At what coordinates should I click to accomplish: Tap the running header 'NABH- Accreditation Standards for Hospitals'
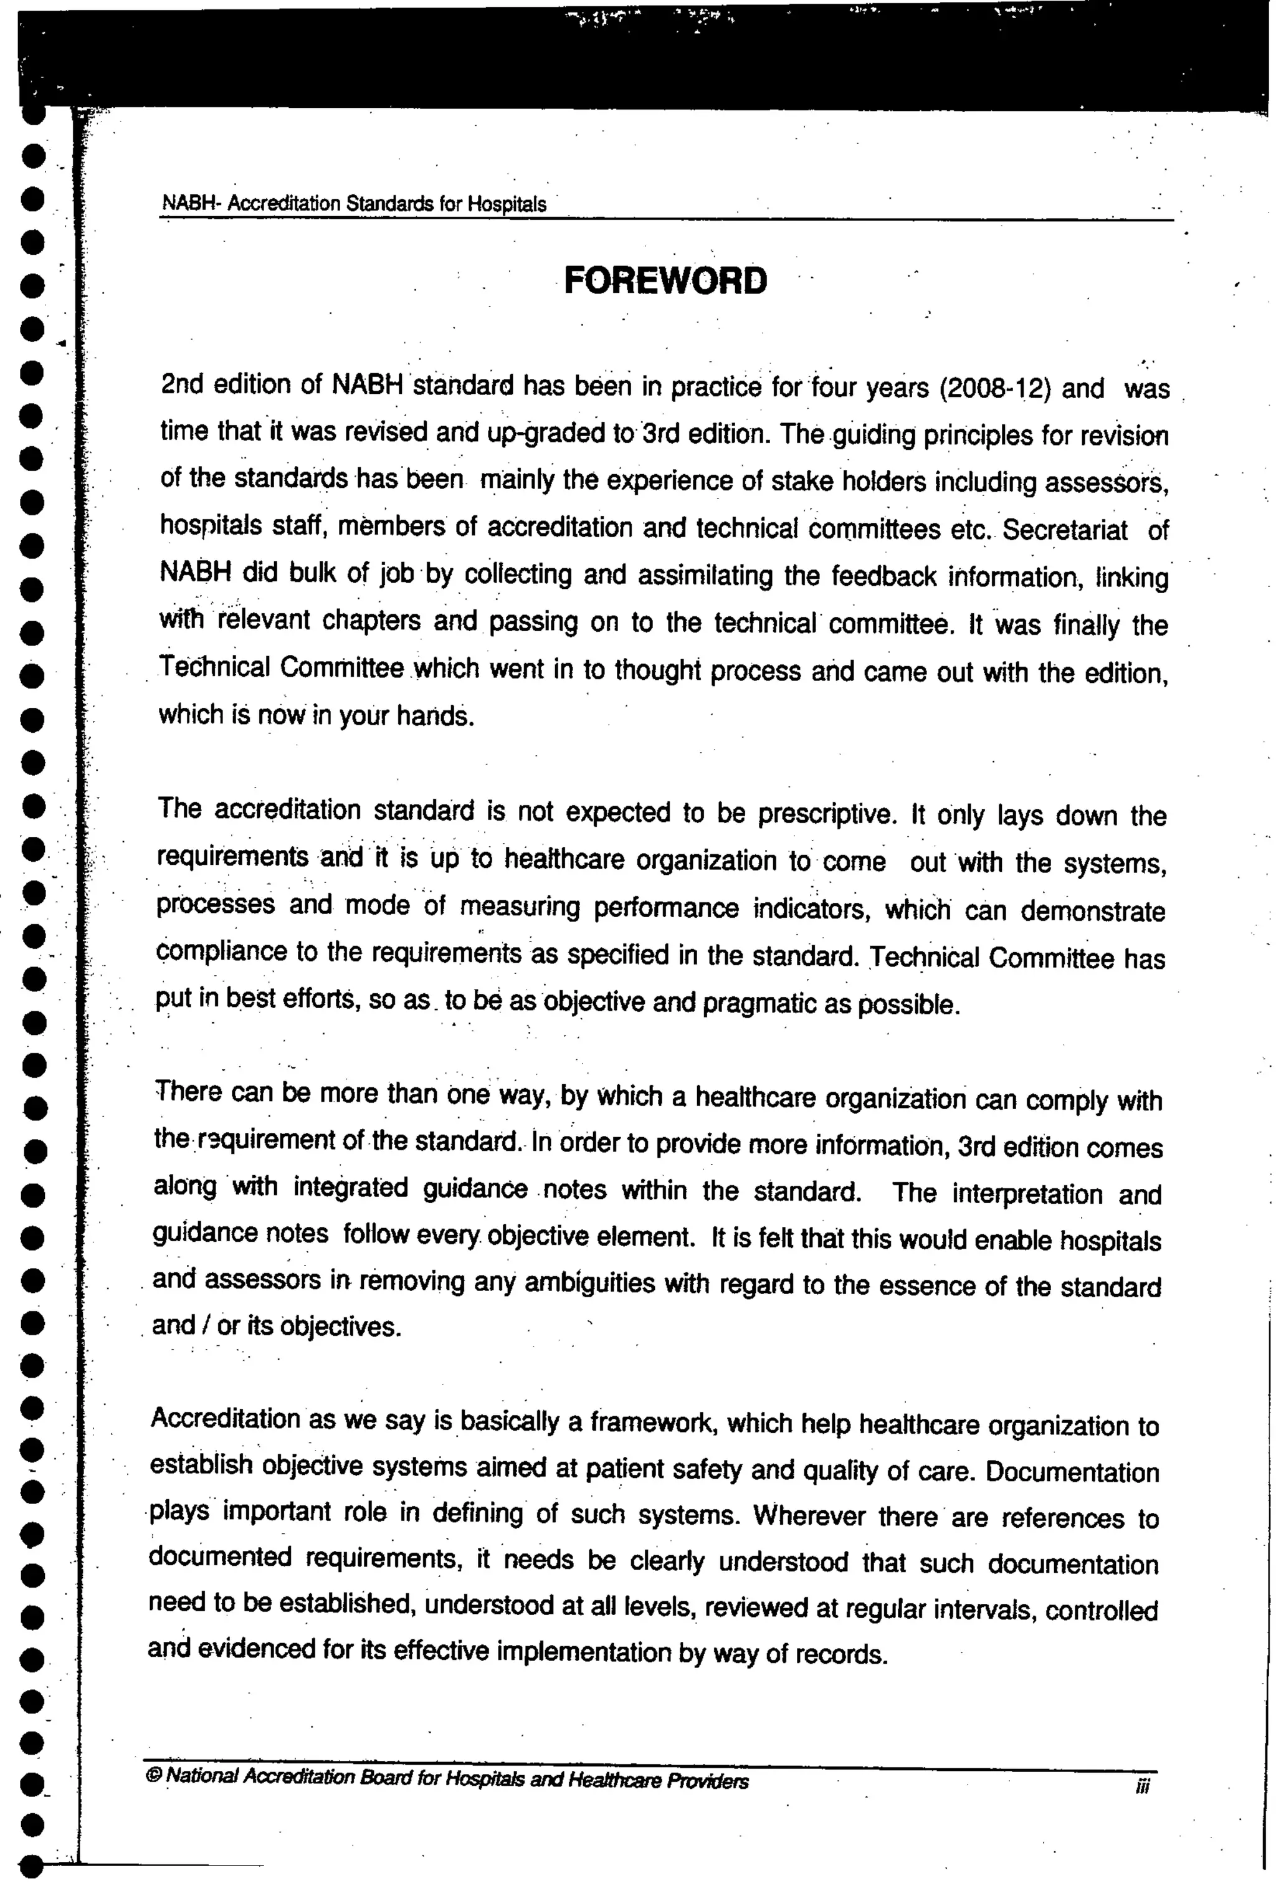[354, 203]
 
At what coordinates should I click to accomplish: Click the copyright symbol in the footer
[155, 1775]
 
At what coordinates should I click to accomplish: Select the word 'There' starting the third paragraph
[188, 1092]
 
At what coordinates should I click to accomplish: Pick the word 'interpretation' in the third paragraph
[1027, 1193]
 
